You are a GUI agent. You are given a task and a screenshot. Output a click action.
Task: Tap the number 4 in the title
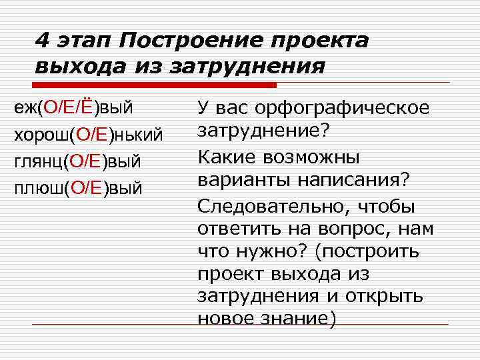42,41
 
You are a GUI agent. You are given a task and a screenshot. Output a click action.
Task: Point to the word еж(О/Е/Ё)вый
74,107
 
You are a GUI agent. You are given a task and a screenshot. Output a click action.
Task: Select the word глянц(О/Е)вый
77,161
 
